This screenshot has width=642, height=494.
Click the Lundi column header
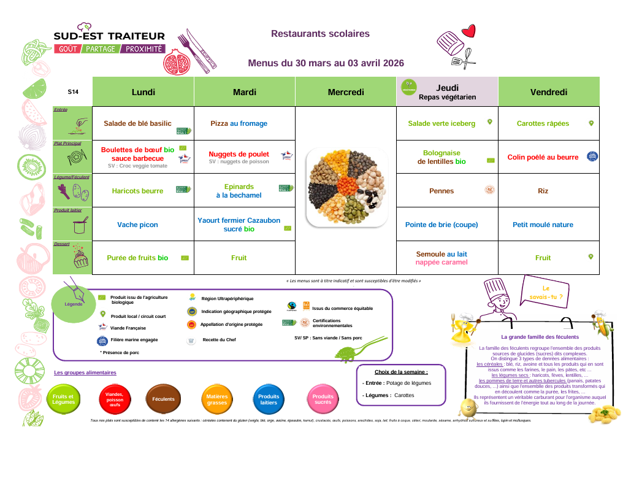[x=143, y=92]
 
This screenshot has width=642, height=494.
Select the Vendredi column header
[x=548, y=92]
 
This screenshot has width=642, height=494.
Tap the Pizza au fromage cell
[x=239, y=123]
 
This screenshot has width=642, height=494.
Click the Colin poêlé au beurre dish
[x=543, y=157]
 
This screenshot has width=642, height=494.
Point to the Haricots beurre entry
[x=137, y=191]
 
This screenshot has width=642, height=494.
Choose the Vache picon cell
[x=137, y=225]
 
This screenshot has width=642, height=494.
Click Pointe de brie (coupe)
[x=441, y=225]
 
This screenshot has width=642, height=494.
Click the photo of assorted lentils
[x=346, y=187]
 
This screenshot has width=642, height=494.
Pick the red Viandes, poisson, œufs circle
[x=115, y=399]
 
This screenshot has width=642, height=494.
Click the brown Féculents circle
[x=163, y=399]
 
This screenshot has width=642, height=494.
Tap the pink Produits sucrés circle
[x=323, y=399]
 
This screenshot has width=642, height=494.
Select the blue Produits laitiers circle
[x=269, y=399]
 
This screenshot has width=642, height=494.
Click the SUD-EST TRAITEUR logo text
[x=109, y=37]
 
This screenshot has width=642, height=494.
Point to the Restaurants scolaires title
[x=320, y=34]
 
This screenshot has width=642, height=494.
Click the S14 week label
[x=73, y=92]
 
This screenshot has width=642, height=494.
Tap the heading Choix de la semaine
[x=401, y=372]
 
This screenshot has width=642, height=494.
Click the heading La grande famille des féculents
[x=540, y=337]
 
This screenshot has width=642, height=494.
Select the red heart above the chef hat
[x=469, y=30]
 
